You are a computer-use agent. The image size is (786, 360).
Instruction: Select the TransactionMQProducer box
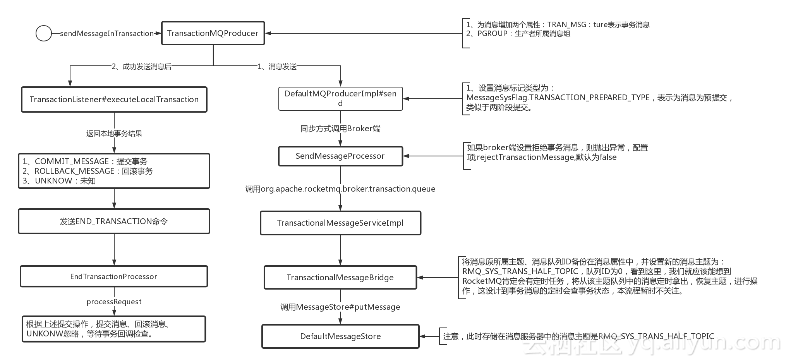click(x=213, y=33)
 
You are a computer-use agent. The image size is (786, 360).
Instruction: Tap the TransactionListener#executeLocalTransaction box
click(x=114, y=99)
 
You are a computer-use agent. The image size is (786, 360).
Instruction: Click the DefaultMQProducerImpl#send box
click(x=341, y=98)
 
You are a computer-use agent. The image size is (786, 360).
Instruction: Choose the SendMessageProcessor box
click(x=341, y=156)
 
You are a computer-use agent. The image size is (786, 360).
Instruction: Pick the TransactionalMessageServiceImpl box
click(x=341, y=223)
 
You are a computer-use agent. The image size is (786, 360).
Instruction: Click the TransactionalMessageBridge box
click(x=341, y=278)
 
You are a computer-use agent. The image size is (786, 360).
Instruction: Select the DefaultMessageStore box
click(x=341, y=336)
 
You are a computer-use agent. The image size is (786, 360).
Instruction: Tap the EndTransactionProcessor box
click(x=114, y=276)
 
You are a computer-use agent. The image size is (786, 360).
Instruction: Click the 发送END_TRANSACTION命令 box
click(x=114, y=221)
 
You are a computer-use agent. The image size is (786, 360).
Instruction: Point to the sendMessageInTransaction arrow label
click(x=107, y=34)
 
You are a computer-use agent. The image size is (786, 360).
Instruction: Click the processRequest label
click(x=114, y=302)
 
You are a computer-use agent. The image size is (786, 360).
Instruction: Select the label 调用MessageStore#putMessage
click(x=340, y=307)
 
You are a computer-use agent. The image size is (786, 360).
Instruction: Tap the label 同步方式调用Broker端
click(x=341, y=129)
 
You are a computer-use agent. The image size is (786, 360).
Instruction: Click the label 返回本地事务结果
click(x=114, y=134)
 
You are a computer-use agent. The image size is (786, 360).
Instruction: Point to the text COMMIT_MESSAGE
click(x=72, y=161)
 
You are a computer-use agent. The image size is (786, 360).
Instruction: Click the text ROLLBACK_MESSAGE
click(x=74, y=171)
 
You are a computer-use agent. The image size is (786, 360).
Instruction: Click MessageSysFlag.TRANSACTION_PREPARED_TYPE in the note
click(x=558, y=98)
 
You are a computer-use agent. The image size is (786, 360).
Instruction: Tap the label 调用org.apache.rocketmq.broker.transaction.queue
click(x=340, y=189)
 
